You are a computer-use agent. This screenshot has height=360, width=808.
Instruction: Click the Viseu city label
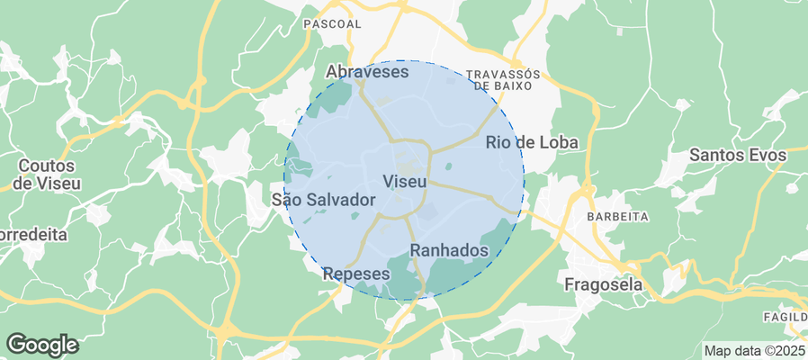(404, 181)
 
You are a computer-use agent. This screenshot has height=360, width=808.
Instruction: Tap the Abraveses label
(367, 71)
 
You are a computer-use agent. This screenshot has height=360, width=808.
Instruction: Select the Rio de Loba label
(531, 142)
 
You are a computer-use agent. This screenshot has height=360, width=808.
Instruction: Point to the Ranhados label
(449, 250)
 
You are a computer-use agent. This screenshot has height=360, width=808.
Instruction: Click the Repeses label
(356, 274)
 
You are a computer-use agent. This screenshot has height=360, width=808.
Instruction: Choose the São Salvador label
(322, 199)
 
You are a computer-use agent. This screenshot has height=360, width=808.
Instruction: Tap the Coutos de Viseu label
(47, 175)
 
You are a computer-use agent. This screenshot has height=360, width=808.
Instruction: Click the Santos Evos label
(738, 155)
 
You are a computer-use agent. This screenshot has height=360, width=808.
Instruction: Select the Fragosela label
(604, 284)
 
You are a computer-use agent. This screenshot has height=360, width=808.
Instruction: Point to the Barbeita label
(617, 217)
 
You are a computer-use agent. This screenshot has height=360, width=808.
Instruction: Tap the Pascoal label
(332, 24)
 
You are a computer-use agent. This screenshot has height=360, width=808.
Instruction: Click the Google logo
(41, 344)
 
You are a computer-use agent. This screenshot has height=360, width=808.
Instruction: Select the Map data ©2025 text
(754, 351)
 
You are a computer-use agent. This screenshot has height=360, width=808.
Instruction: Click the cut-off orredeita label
(33, 235)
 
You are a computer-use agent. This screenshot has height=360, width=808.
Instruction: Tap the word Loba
(558, 142)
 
